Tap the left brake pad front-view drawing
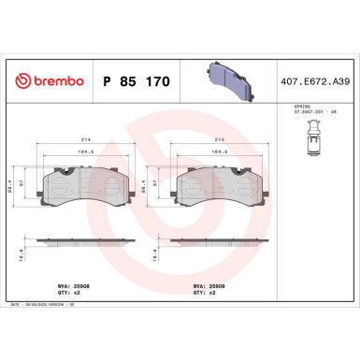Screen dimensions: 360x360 82,179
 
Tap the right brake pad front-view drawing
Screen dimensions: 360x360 221,179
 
